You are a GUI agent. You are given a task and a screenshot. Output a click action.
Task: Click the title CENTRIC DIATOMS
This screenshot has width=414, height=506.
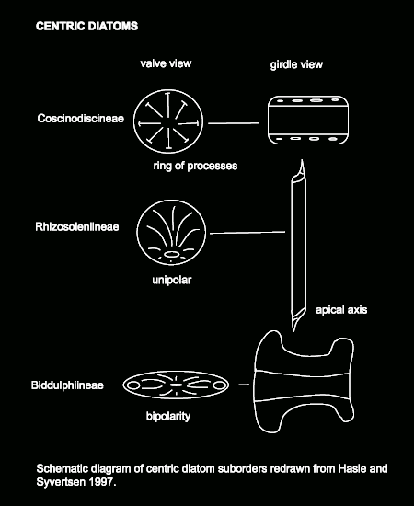86,26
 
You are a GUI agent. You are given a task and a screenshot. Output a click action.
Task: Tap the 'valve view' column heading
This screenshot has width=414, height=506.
166,63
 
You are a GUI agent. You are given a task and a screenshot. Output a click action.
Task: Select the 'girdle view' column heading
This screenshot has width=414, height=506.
296,64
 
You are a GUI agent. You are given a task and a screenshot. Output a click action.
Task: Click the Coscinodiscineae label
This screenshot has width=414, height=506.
81,119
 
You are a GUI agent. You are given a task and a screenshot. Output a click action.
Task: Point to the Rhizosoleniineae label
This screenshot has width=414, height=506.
77,227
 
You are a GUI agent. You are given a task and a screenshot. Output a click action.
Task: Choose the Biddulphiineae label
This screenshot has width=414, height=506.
67,385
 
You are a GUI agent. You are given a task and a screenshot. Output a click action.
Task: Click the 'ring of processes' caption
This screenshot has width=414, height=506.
195,166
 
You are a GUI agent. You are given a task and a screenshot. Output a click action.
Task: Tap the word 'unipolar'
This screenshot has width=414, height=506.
172,280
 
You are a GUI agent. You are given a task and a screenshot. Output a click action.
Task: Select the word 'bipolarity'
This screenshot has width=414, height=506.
168,416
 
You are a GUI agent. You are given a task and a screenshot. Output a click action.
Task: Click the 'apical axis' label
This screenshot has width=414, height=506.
341,310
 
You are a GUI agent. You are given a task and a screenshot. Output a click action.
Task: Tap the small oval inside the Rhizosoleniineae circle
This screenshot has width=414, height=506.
171,254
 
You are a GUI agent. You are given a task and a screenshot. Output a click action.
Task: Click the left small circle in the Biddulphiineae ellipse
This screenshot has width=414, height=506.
132,385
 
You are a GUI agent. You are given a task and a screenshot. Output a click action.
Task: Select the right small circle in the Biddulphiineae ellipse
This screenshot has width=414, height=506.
218,385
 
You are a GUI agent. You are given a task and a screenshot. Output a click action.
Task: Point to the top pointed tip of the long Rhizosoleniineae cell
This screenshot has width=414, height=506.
302,160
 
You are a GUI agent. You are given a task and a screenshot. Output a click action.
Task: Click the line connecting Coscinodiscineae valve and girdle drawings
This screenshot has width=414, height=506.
234,123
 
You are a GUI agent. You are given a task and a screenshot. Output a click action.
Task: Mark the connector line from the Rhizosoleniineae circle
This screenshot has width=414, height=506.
247,233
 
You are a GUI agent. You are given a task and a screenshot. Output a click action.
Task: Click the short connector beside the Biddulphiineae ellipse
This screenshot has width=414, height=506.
240,385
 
